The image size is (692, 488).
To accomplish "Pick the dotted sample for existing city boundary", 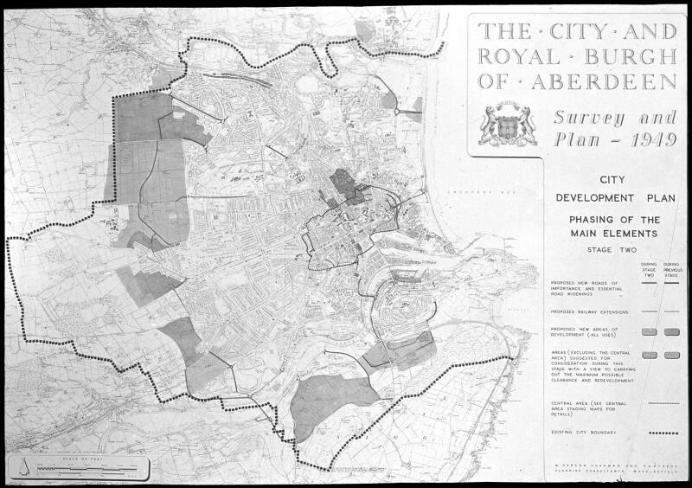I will tap(664, 433).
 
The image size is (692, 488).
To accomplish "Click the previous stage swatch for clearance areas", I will tap(671, 355).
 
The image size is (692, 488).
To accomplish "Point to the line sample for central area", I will tap(663, 402).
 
